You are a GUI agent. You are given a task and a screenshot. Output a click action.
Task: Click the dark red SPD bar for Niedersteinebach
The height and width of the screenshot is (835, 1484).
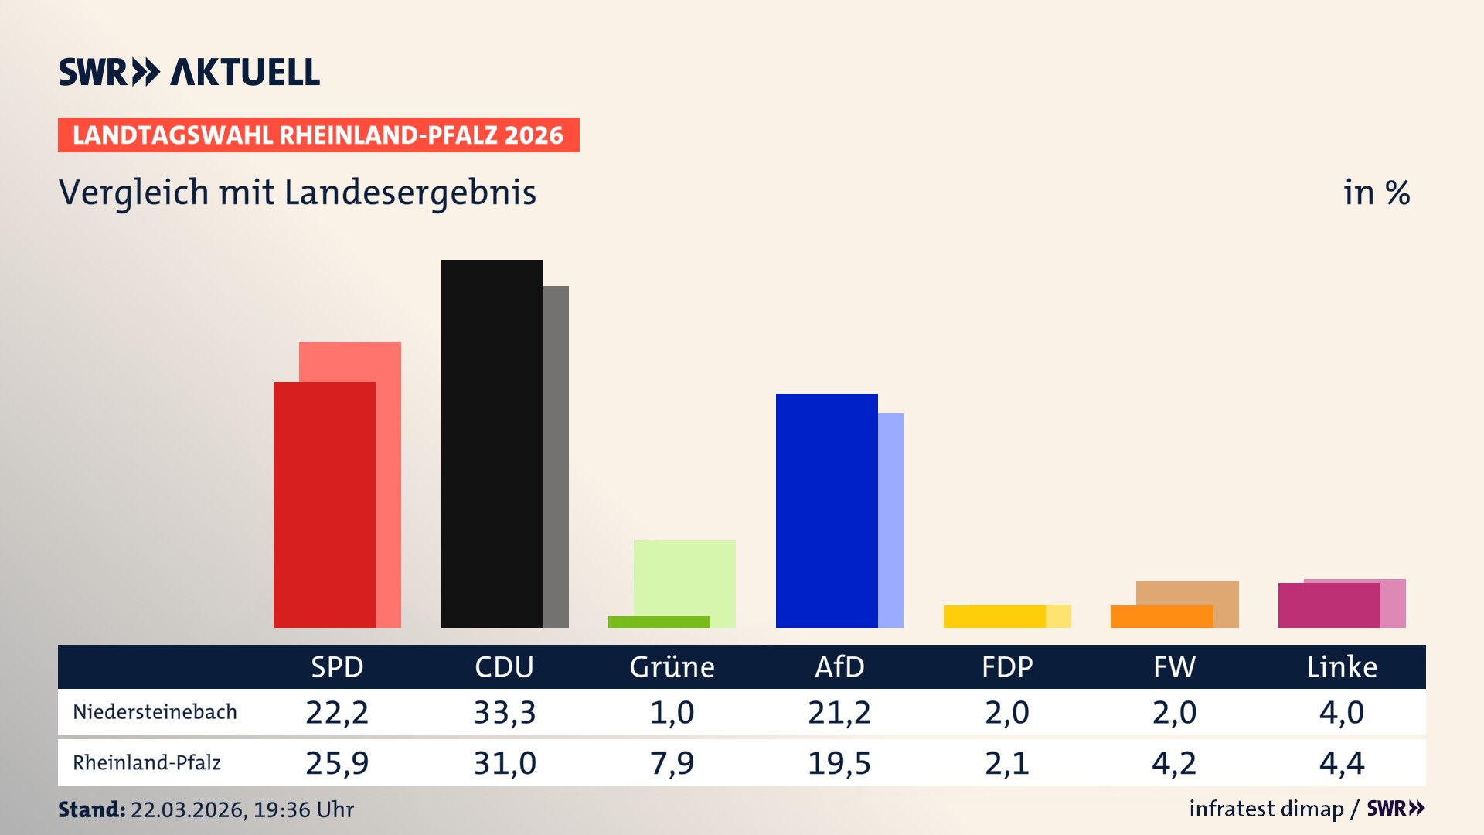pos(324,504)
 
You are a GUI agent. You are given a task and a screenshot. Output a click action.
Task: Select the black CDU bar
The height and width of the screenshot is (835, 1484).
pos(492,443)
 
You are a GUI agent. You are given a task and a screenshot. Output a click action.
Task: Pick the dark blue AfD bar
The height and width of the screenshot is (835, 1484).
pos(826,510)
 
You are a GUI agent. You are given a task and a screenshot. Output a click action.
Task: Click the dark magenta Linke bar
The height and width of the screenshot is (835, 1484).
pos(1329,605)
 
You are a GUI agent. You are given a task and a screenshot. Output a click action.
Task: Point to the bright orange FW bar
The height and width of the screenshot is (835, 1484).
pos(1161,616)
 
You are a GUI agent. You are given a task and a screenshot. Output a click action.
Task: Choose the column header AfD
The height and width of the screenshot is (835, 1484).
pos(839,666)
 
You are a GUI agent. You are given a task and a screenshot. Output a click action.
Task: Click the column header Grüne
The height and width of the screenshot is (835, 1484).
pos(672,666)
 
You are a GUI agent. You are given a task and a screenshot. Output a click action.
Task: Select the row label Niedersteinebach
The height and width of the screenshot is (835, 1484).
pos(155,712)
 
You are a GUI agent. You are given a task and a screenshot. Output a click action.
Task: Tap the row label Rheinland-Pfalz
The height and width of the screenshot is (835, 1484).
pos(147,763)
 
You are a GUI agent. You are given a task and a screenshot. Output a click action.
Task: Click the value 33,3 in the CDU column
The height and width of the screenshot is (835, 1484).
pos(505,712)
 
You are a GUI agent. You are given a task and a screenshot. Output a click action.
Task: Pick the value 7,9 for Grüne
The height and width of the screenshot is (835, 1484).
pos(672,763)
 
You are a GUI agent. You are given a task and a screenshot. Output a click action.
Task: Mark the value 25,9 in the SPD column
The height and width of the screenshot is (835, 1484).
pos(337,763)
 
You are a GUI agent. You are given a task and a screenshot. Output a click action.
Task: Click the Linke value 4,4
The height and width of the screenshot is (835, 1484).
pos(1342,763)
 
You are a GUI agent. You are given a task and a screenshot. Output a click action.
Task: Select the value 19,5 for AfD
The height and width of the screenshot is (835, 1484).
pos(839,763)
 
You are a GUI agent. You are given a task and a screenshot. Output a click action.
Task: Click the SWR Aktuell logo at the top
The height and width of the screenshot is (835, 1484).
pos(189,72)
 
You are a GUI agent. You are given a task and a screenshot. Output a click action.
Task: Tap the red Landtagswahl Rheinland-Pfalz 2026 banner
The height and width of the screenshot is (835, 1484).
pos(318,135)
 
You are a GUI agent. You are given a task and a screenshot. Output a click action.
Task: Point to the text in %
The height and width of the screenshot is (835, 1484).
pos(1377,193)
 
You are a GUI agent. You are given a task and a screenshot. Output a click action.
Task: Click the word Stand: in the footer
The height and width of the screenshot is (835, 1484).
pos(91,809)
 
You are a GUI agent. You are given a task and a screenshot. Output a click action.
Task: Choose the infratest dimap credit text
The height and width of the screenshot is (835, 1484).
pos(1266,809)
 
